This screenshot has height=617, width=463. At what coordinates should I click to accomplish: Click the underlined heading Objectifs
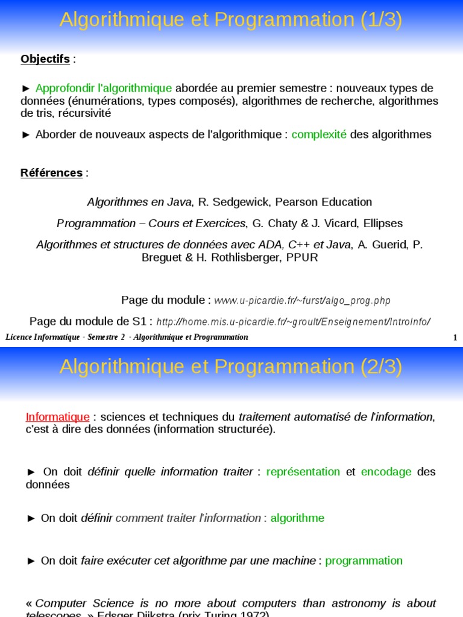(45, 59)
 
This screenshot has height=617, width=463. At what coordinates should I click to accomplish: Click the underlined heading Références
(51, 173)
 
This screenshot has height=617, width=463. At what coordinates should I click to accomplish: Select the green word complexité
(319, 134)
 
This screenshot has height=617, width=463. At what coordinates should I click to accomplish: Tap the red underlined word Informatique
(58, 417)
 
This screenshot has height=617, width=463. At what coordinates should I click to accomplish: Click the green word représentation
(303, 472)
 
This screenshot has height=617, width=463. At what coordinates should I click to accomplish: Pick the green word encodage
(386, 472)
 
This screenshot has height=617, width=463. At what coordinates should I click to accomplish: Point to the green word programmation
(364, 561)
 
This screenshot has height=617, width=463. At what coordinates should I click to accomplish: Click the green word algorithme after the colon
(297, 518)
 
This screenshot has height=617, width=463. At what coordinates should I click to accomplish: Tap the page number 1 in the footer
(455, 337)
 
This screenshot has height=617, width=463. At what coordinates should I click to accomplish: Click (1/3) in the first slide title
(382, 20)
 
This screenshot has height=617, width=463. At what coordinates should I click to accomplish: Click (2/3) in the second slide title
(382, 366)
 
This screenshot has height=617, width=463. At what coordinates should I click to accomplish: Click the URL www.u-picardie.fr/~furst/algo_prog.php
(303, 301)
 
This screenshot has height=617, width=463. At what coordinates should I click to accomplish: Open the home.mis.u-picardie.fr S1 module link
(293, 322)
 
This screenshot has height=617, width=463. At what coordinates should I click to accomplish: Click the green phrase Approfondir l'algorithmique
(104, 88)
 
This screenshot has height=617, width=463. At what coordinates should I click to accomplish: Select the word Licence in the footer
(18, 337)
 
